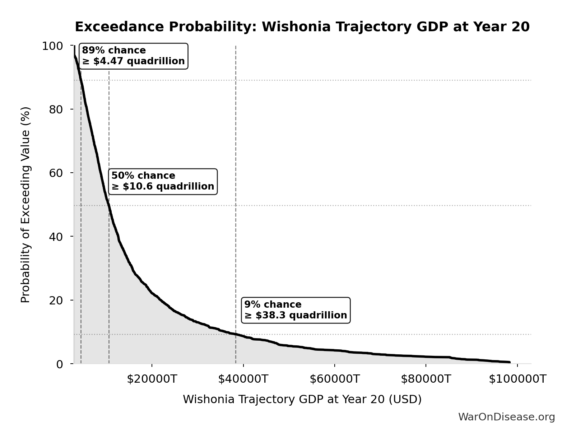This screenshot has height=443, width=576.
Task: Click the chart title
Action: click(302, 27)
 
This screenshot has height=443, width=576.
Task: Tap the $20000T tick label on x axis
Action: click(152, 379)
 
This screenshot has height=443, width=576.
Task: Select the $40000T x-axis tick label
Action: click(243, 379)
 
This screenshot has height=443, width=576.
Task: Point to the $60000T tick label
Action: click(334, 379)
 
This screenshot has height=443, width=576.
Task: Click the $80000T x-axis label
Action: click(426, 379)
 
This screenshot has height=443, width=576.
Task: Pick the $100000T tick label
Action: click(517, 379)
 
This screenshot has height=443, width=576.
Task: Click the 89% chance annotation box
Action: click(133, 56)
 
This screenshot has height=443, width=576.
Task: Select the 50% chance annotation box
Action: click(163, 181)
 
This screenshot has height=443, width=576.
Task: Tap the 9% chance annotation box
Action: click(296, 310)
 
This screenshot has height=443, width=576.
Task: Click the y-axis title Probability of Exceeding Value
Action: click(25, 205)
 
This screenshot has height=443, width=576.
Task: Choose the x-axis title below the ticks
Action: click(302, 399)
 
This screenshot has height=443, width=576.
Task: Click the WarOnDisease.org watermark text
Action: click(506, 417)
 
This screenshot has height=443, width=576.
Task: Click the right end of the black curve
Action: click(509, 362)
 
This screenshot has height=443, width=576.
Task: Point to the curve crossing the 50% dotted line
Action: click(109, 205)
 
